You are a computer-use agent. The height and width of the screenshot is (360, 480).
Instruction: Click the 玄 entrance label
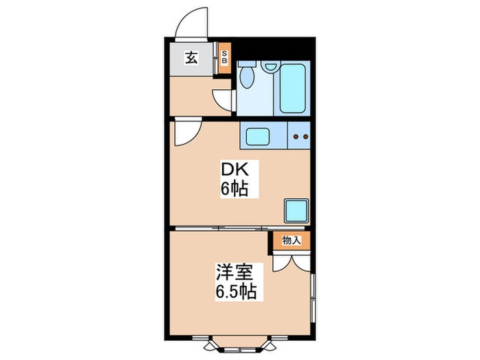click(x=191, y=58)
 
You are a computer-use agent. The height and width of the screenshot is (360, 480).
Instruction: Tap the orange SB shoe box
click(x=224, y=56)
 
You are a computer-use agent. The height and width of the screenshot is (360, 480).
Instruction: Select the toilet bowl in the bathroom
click(x=248, y=77)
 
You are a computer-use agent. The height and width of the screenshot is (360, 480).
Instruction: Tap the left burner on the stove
click(x=296, y=136)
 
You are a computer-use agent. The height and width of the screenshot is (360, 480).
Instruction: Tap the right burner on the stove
click(x=305, y=136)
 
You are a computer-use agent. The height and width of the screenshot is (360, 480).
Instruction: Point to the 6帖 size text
click(x=233, y=188)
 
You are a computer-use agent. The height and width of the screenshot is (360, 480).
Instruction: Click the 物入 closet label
click(x=291, y=241)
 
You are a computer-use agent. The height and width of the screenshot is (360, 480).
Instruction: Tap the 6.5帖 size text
click(x=233, y=292)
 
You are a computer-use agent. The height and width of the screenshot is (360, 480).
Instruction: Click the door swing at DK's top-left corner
click(x=184, y=132)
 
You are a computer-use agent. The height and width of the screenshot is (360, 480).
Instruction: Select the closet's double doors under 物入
click(x=291, y=263)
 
